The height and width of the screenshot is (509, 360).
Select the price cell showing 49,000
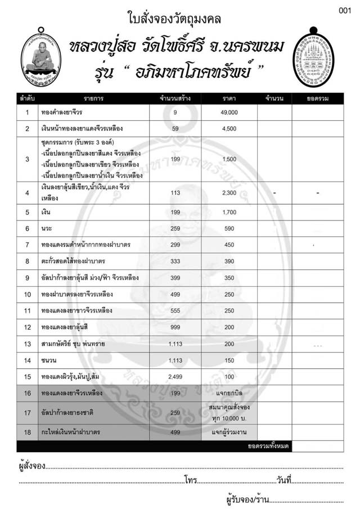pyautogui.click(x=229, y=113)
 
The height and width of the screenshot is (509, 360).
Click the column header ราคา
pyautogui.click(x=229, y=99)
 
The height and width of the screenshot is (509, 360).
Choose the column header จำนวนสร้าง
pyautogui.click(x=175, y=99)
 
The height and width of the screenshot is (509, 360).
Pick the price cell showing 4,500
pyautogui.click(x=229, y=129)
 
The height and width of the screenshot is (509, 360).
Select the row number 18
pyautogui.click(x=27, y=431)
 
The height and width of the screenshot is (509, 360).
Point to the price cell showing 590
pyautogui.click(x=229, y=229)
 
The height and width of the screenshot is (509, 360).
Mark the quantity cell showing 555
pyautogui.click(x=175, y=311)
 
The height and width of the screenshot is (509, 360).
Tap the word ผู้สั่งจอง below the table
pyautogui.click(x=31, y=466)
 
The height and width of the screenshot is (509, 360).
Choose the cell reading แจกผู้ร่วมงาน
pyautogui.click(x=229, y=431)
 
